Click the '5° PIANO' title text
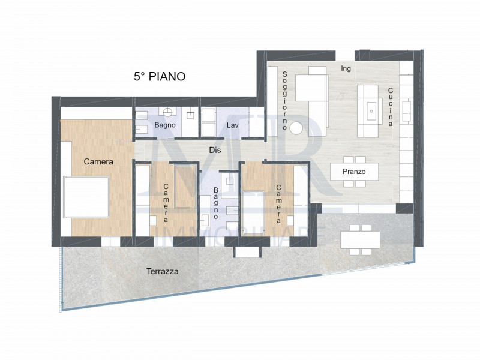click(159, 77)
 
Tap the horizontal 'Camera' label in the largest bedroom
click(98, 161)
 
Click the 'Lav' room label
click(232, 125)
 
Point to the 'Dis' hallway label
click(214, 149)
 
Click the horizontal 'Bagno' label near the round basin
click(164, 125)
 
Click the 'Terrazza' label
click(163, 271)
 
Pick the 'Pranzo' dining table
click(354, 172)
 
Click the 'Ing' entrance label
click(346, 68)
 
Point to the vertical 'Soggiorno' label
click(286, 96)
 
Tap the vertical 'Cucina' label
click(390, 107)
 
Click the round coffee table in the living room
click(296, 128)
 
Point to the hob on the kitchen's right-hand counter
click(406, 109)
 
